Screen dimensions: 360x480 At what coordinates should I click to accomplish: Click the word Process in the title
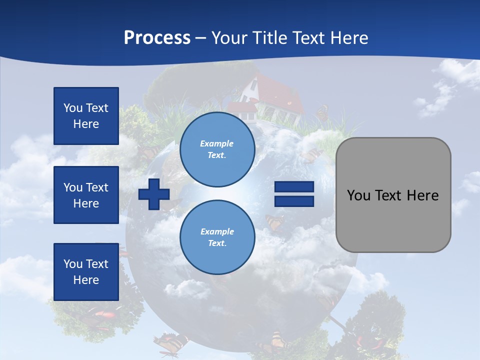pyautogui.click(x=157, y=38)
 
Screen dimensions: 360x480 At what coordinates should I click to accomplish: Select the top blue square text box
pyautogui.click(x=86, y=116)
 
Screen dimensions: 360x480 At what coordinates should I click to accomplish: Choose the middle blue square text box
pyautogui.click(x=86, y=195)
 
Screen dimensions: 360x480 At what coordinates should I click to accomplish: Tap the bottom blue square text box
pyautogui.click(x=86, y=272)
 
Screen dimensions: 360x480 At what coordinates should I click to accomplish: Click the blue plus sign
pyautogui.click(x=154, y=194)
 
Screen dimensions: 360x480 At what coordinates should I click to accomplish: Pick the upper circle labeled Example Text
pyautogui.click(x=217, y=149)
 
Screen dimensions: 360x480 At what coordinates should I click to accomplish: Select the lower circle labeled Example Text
pyautogui.click(x=217, y=237)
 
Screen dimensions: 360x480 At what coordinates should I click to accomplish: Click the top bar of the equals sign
pyautogui.click(x=294, y=187)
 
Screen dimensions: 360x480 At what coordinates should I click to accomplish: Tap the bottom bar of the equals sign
pyautogui.click(x=294, y=201)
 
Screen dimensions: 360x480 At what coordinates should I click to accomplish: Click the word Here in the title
pyautogui.click(x=349, y=38)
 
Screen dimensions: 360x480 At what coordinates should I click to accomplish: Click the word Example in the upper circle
pyautogui.click(x=217, y=143)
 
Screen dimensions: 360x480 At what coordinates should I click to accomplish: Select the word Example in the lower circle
pyautogui.click(x=217, y=231)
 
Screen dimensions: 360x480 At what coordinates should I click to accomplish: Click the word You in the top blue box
pyautogui.click(x=72, y=108)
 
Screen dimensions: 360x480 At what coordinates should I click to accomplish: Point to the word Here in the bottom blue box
pyautogui.click(x=86, y=280)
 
